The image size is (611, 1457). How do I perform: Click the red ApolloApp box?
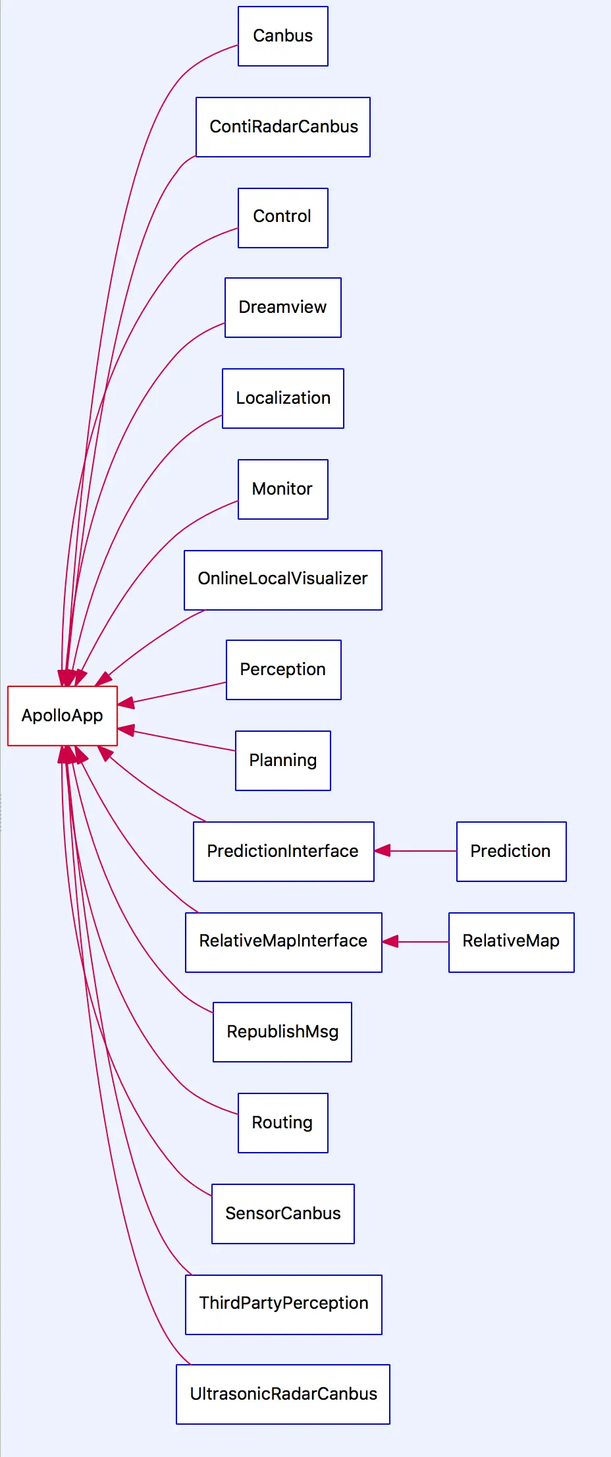(63, 716)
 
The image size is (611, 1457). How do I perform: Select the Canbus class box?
(283, 36)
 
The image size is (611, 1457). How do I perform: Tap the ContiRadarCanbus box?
(283, 127)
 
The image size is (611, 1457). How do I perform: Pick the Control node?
(283, 218)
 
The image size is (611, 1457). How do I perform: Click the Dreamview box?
(283, 308)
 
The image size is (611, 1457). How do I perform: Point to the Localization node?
(283, 399)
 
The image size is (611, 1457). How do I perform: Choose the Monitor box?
(283, 489)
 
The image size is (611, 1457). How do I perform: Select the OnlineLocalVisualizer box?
(283, 580)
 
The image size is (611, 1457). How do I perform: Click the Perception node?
(284, 670)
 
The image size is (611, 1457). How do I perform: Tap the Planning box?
(283, 761)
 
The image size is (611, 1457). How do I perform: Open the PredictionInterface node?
(284, 852)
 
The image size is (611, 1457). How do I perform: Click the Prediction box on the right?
(512, 852)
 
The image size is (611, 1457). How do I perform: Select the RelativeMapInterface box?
(284, 943)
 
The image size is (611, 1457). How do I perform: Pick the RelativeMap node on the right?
(512, 943)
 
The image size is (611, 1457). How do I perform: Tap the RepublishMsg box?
(282, 1032)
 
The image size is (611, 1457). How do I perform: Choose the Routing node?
(283, 1123)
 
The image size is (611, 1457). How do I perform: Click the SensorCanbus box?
(283, 1214)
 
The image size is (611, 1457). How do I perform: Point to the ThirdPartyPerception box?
(284, 1305)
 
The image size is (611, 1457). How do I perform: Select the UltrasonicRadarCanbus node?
(283, 1394)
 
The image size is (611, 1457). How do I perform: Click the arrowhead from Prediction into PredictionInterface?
(383, 851)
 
